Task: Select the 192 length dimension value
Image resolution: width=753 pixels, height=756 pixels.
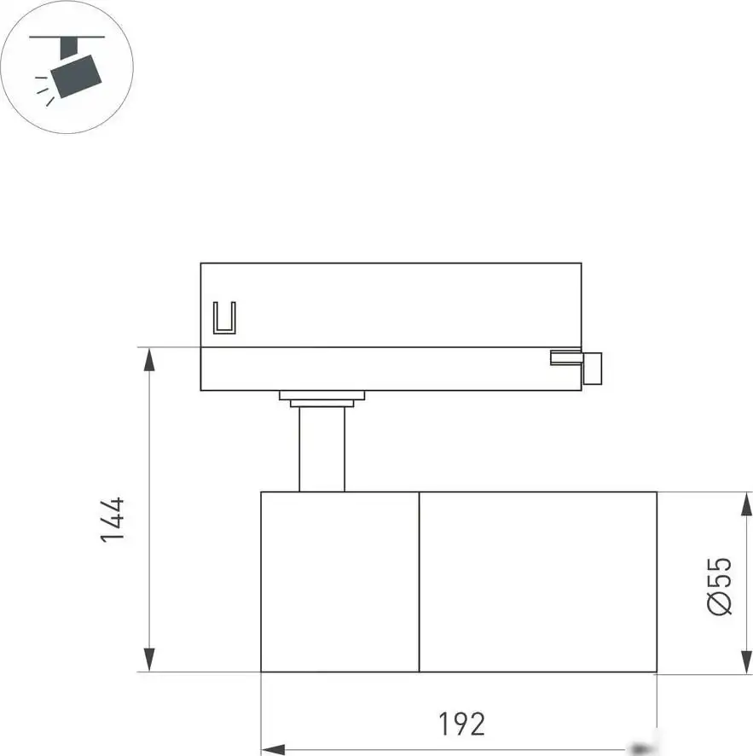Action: [x=461, y=724]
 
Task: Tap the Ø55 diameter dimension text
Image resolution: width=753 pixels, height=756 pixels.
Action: [x=719, y=586]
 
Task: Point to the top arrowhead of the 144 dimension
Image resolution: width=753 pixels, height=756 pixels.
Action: [x=149, y=358]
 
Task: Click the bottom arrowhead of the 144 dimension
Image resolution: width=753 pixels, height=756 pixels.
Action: [x=149, y=660]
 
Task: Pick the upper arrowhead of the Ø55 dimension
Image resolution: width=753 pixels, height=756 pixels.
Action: [x=747, y=503]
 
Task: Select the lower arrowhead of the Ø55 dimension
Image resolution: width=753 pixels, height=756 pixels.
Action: [x=747, y=661]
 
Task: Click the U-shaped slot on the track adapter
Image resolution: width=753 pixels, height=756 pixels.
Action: [x=223, y=319]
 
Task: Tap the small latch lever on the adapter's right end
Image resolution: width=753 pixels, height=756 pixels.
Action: [x=592, y=368]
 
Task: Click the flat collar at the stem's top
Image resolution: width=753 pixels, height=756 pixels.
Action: [x=321, y=398]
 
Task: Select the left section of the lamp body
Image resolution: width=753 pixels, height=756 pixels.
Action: [x=339, y=582]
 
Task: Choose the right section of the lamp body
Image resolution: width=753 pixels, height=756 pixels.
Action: [x=537, y=582]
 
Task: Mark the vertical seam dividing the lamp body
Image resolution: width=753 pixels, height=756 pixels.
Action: [x=419, y=582]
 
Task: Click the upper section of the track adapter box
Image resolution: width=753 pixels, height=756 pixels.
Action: [x=391, y=304]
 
